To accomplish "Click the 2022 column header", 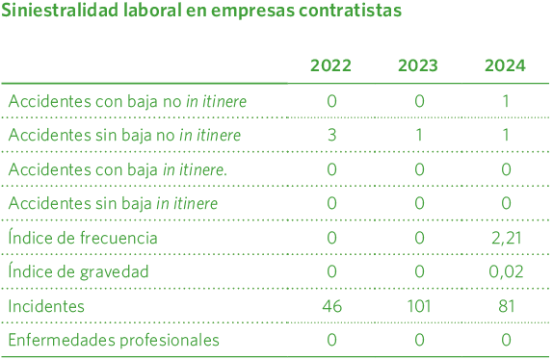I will click(x=330, y=66).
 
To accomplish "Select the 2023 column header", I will click(x=418, y=66).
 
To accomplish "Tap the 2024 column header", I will click(x=505, y=66).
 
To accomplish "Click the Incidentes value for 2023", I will click(x=418, y=306).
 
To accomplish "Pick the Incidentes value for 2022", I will click(x=331, y=306).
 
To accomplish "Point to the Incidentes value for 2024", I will click(x=506, y=306).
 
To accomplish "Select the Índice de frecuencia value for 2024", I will click(x=506, y=238).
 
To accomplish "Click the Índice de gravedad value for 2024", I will click(x=506, y=271).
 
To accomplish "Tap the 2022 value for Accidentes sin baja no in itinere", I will click(x=331, y=135).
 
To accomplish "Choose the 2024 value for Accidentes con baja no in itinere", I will click(x=506, y=101).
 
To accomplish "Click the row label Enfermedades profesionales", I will click(x=114, y=340).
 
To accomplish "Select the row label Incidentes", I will click(x=46, y=306).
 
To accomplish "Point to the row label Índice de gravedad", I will click(x=78, y=271).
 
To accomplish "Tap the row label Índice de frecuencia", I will click(x=82, y=238).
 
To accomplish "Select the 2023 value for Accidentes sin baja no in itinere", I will click(x=419, y=135).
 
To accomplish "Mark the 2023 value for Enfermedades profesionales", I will click(x=419, y=340).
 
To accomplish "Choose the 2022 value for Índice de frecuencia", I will click(x=331, y=238).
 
